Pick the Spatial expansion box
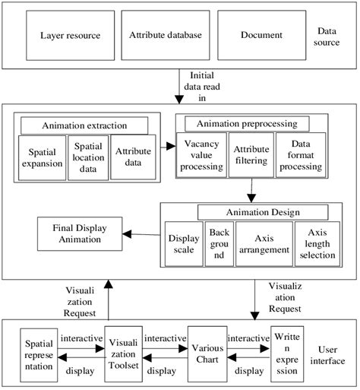[x=43, y=157]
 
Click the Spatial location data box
[x=88, y=157]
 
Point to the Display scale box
[x=183, y=243]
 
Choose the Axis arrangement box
[x=262, y=243]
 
